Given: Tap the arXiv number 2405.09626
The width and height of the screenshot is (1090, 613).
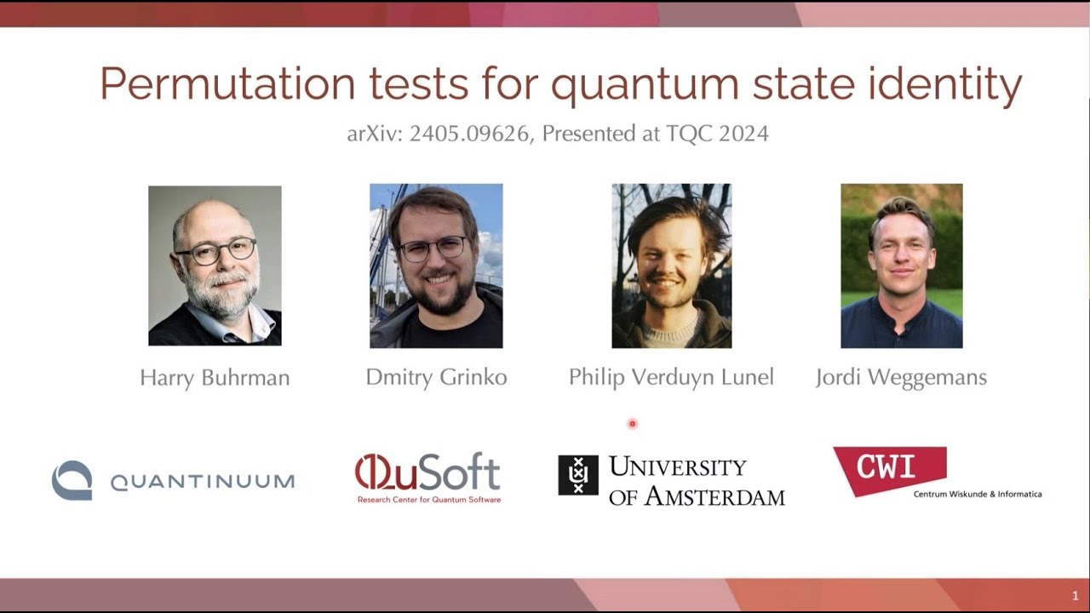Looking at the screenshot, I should coord(468,134).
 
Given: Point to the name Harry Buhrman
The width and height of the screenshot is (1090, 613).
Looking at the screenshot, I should coord(215,377).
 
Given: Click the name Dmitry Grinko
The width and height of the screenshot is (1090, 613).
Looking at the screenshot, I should coord(436,377).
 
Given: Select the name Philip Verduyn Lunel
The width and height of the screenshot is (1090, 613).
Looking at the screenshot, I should coord(671,377).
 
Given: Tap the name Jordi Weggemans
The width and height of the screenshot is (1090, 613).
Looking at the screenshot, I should coord(901,377).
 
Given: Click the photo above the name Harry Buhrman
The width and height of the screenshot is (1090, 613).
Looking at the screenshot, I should coord(215,266).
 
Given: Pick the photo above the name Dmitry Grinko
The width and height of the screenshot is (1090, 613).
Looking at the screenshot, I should coord(436,266).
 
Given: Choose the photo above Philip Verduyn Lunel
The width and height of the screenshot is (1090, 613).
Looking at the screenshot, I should coord(671,266).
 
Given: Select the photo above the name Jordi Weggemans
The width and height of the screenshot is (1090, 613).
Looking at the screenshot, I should coord(901,266).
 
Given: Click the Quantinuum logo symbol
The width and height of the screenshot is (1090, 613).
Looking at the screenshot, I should coord(72,480).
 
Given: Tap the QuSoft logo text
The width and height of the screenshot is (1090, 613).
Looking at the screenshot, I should coord(427,472).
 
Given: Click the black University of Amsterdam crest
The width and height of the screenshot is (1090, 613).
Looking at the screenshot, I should coord(577,475).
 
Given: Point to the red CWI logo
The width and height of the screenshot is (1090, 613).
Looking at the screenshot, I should coord(889,468).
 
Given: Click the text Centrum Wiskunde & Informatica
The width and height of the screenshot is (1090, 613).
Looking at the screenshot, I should coord(977,494).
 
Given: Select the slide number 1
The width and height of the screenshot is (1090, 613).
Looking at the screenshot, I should coord(1076,595).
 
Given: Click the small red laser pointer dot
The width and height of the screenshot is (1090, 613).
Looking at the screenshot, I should coord(632,423).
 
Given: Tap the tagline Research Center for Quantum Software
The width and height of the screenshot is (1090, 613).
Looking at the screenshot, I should coord(428,500).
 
